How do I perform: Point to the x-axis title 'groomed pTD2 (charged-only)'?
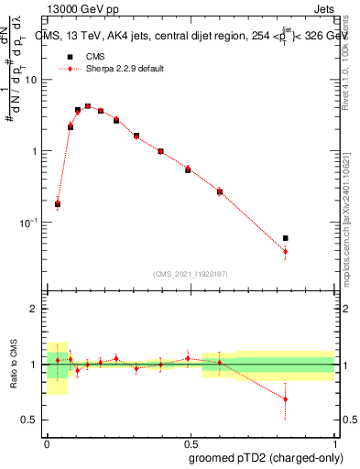(x=267, y=457)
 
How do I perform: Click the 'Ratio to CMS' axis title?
(x=12, y=365)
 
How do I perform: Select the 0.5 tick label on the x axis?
(x=190, y=441)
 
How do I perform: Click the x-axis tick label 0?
(x=46, y=441)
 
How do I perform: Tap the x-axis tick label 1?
(x=333, y=441)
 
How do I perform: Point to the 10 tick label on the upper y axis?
(x=31, y=80)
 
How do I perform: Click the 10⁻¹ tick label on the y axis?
(x=28, y=223)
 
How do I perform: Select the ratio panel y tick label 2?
(x=35, y=309)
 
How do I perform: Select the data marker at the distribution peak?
(x=88, y=106)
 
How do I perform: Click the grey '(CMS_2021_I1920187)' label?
(x=190, y=274)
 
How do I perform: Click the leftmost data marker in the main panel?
(x=58, y=204)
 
